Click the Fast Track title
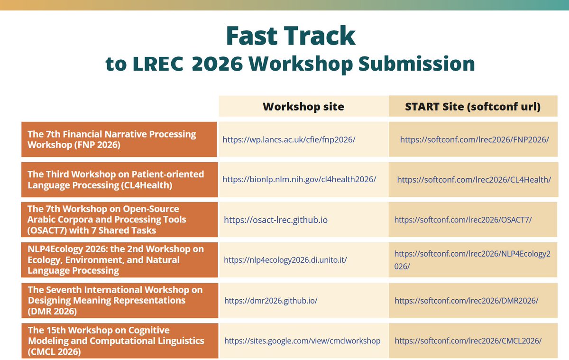click(x=290, y=35)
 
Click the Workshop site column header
click(x=303, y=107)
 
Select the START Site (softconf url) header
click(x=473, y=107)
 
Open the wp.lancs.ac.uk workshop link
click(x=289, y=139)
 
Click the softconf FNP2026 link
click(x=474, y=139)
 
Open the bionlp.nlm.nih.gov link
click(x=299, y=180)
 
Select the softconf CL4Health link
click(x=474, y=180)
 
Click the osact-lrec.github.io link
click(x=275, y=220)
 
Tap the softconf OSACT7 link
click(x=463, y=220)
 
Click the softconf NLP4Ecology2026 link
click(x=472, y=260)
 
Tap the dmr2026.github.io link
click(x=271, y=301)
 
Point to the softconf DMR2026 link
click(x=467, y=301)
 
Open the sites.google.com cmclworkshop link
click(x=302, y=341)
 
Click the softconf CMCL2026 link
click(x=468, y=341)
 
